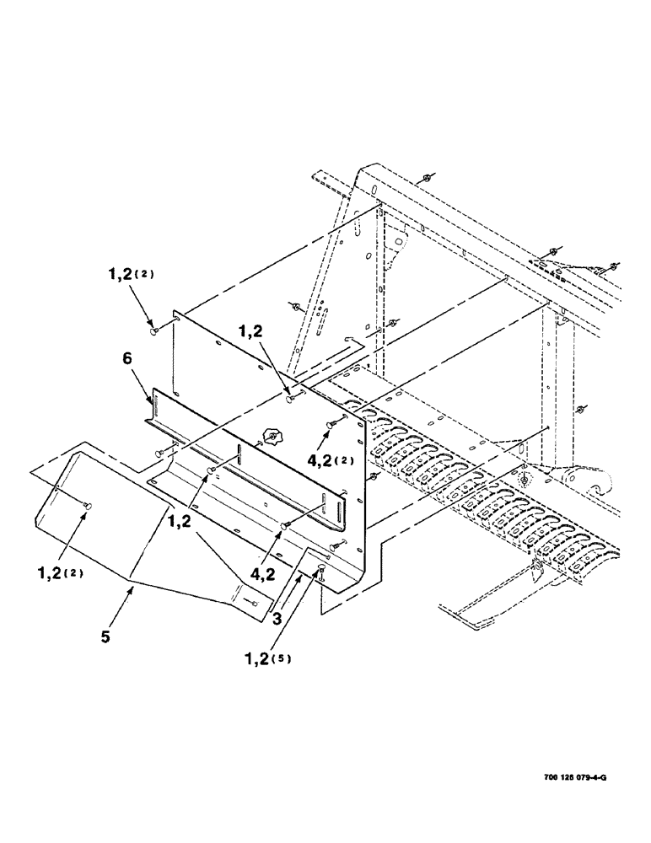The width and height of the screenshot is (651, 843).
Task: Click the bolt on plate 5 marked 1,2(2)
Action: [87, 504]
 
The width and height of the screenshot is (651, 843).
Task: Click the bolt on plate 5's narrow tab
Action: [252, 601]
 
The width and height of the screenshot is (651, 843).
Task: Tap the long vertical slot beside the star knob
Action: [239, 454]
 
